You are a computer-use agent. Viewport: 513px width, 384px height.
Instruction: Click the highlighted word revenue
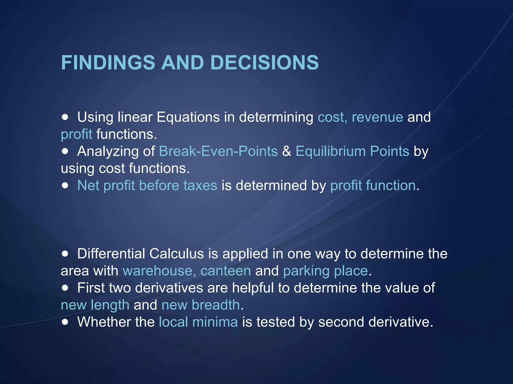(377, 117)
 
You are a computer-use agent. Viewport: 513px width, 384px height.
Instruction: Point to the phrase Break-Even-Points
(218, 151)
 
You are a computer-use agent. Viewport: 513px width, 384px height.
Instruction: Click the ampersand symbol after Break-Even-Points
(287, 151)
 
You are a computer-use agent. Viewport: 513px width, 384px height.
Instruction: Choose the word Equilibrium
(331, 151)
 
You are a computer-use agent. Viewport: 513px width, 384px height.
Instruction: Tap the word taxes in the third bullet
(200, 185)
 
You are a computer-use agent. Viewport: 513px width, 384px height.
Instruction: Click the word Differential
(111, 254)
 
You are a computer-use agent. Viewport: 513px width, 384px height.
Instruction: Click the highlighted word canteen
(225, 271)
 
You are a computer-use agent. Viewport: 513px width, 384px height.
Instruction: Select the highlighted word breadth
(216, 305)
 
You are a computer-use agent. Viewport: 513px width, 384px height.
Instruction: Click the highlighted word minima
(215, 322)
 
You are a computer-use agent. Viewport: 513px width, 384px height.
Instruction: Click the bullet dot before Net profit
(65, 185)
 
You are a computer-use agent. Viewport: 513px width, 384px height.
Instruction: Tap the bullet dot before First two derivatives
(65, 288)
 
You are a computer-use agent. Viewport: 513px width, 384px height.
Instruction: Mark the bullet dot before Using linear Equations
(65, 117)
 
